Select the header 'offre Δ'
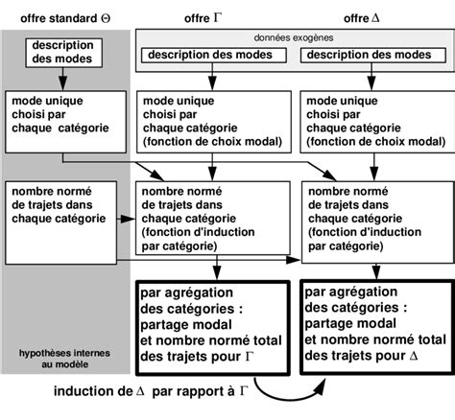[371, 18]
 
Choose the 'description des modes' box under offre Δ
[369, 55]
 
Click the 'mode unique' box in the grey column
[64, 116]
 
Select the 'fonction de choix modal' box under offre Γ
[211, 123]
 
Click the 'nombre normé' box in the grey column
[64, 206]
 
